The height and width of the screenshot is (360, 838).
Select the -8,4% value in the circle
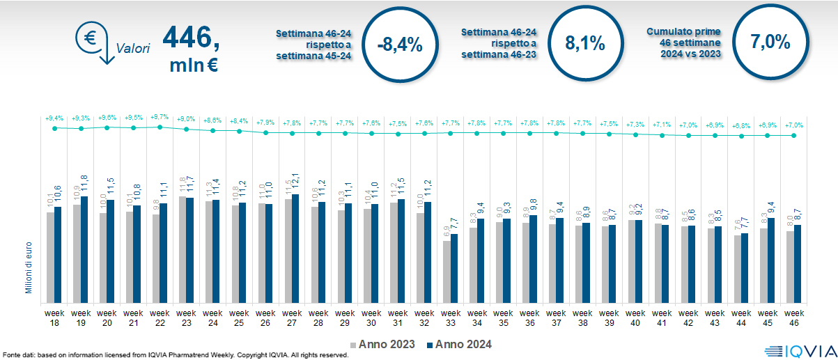(399, 44)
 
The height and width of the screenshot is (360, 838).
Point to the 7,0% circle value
(770, 42)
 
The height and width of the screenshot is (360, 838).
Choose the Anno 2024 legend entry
(458, 344)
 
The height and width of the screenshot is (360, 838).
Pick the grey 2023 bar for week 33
(447, 271)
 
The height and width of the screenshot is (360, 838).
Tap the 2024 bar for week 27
(296, 247)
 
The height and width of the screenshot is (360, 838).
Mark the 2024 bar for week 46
(798, 263)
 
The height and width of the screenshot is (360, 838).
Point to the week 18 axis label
(54, 318)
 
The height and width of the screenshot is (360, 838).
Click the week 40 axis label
(636, 318)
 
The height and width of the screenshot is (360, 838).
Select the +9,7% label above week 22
(160, 118)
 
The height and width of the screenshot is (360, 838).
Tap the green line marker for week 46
(794, 135)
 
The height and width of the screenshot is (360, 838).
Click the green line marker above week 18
(54, 128)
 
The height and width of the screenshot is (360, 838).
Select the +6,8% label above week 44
(741, 125)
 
